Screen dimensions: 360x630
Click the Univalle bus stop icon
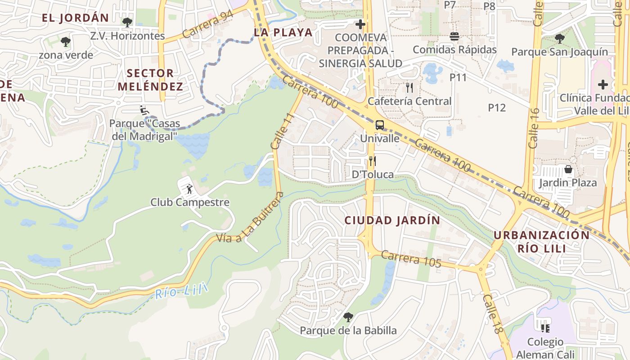tap(380, 125)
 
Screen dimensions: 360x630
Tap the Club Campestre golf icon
tap(189, 189)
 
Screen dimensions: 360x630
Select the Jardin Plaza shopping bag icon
tap(568, 169)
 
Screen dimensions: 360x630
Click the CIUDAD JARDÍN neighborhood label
tap(392, 220)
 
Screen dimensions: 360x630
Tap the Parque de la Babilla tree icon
tap(348, 317)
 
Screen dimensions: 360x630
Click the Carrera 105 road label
tap(411, 259)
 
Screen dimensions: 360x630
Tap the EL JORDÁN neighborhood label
tap(75, 18)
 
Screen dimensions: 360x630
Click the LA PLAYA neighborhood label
tap(283, 32)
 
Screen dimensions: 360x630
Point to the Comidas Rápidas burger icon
tap(454, 36)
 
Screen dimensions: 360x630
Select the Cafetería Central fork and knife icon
tap(409, 87)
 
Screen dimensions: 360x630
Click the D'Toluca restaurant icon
tap(372, 161)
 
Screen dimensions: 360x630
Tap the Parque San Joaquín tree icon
tap(559, 38)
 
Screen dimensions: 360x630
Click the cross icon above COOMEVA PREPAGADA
tap(360, 24)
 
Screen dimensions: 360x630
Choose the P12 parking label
tap(497, 108)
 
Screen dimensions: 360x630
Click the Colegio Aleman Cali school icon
tap(545, 328)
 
